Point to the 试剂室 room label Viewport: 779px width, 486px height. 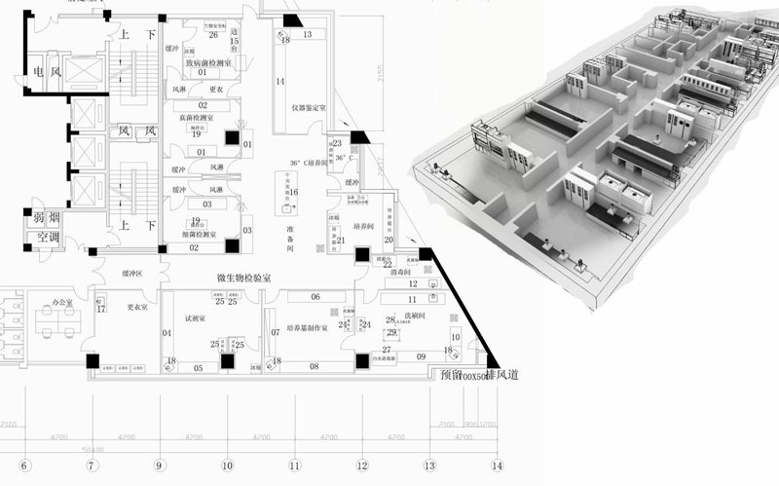195,318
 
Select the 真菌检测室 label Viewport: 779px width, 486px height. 199,117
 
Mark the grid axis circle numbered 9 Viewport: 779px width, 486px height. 159,465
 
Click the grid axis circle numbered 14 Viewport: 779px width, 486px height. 498,465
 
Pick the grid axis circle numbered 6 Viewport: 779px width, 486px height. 24,465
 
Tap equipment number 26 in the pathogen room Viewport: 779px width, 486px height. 212,35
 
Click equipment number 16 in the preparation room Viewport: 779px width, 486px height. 293,193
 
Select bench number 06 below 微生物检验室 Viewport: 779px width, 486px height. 315,296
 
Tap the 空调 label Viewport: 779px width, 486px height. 39,237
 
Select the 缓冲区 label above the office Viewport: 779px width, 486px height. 131,275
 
